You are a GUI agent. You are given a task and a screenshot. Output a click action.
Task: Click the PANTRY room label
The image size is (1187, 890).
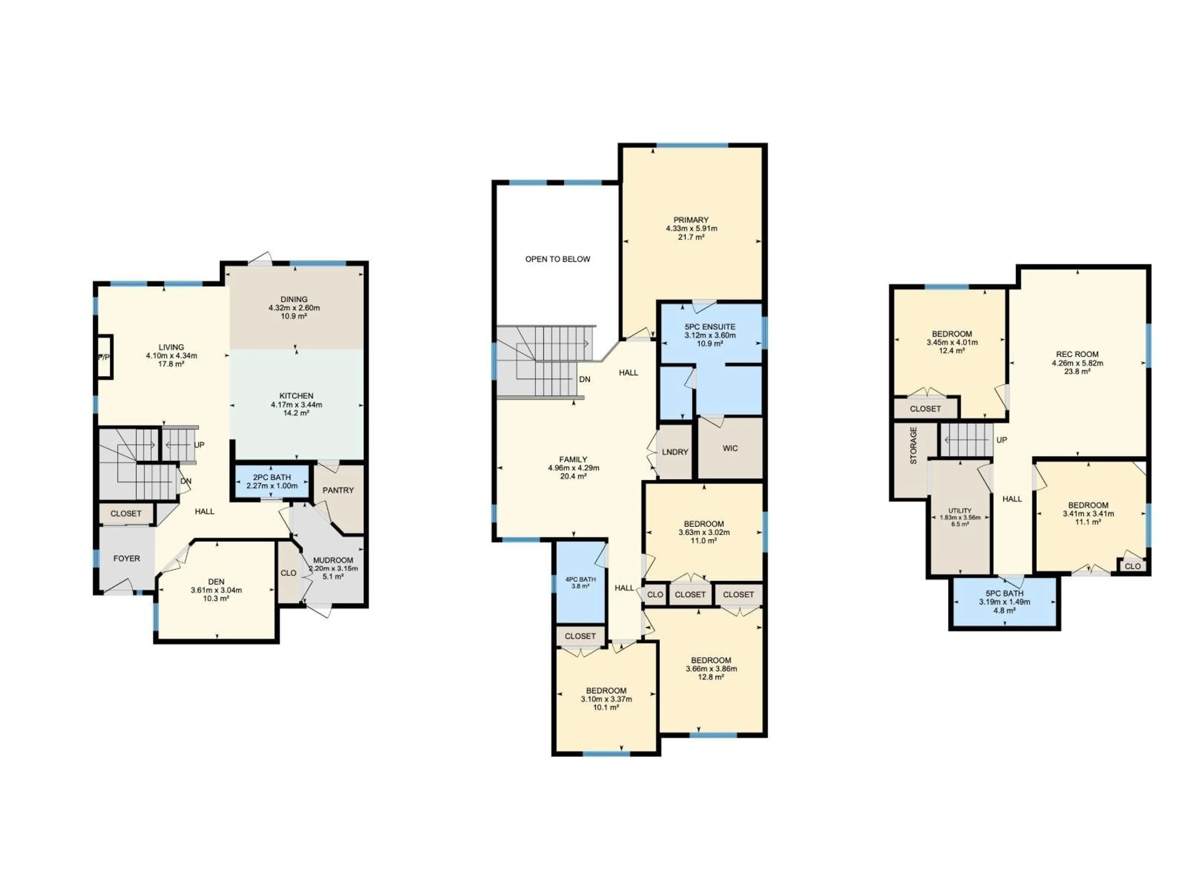tap(338, 490)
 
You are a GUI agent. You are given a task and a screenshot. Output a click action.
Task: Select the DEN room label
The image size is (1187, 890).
tap(216, 582)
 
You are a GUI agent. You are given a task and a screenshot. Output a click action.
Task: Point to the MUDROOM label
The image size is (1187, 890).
tap(333, 560)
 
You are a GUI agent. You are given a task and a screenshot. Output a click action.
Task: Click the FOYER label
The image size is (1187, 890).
tap(127, 558)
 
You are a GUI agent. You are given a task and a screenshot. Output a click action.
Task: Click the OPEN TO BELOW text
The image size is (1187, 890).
tap(558, 259)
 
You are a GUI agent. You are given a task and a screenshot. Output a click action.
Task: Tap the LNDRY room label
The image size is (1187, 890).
tap(674, 452)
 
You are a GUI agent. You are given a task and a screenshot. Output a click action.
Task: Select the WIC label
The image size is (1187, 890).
tap(730, 448)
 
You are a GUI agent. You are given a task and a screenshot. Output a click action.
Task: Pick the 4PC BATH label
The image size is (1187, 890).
tap(580, 579)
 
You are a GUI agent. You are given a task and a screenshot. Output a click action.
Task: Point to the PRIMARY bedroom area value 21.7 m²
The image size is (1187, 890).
tap(691, 237)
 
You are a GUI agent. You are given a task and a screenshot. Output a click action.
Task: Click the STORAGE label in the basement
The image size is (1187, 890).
tap(913, 445)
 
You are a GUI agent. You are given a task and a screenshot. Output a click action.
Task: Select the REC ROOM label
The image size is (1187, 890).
tap(1077, 354)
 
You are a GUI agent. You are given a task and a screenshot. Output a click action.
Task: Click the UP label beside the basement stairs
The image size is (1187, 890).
tap(1001, 440)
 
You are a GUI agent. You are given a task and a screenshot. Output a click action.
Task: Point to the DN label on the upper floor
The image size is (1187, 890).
tap(584, 379)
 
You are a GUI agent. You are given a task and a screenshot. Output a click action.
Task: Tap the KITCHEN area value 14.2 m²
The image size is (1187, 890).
tap(296, 413)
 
